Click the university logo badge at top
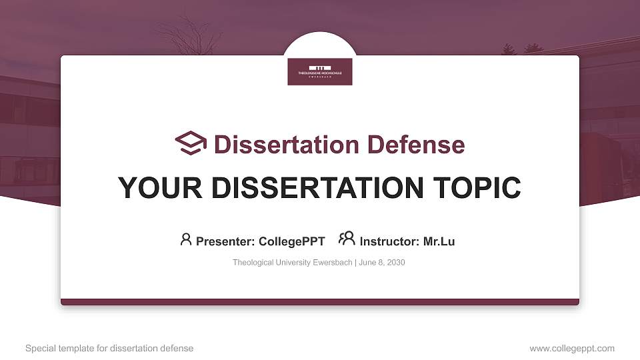point(320,71)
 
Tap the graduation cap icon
point(191,143)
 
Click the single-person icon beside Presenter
point(186,239)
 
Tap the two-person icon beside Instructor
point(347,239)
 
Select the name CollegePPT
point(291,241)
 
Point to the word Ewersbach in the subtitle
point(332,263)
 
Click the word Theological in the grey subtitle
point(253,263)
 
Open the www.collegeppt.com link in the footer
point(572,348)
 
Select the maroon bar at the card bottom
point(320,302)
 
